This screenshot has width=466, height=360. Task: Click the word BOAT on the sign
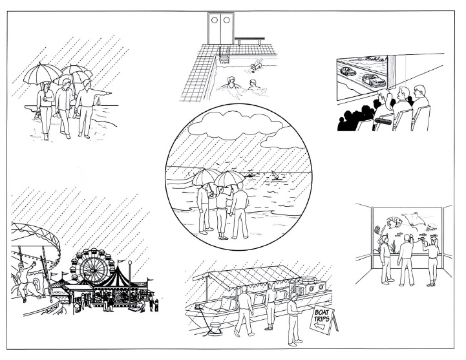[322, 312]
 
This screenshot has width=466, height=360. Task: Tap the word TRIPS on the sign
[322, 319]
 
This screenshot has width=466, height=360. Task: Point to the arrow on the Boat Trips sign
[320, 326]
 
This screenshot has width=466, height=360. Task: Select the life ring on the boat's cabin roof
[304, 280]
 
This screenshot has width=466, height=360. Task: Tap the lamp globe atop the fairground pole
[129, 263]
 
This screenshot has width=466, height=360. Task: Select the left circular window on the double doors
[215, 20]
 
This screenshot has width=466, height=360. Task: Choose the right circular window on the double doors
[226, 20]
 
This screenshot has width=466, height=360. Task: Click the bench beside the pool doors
[249, 40]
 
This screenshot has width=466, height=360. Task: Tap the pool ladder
[224, 55]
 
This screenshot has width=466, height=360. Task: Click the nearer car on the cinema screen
[374, 80]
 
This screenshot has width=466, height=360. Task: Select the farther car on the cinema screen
[348, 71]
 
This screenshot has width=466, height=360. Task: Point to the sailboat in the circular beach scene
[275, 175]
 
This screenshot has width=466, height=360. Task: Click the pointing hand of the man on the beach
[109, 94]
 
